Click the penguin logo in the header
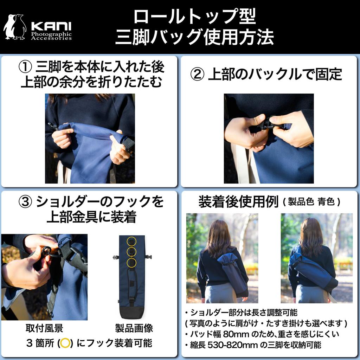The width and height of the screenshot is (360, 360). click(15, 27)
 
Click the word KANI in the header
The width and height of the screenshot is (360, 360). click(51, 26)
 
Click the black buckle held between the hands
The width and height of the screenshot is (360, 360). click(269, 124)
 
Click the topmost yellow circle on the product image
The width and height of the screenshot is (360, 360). click(131, 241)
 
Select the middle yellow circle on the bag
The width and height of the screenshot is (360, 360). click(131, 252)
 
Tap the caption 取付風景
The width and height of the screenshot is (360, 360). click(44, 328)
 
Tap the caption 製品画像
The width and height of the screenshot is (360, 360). click(134, 328)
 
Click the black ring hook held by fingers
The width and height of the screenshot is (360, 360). click(46, 251)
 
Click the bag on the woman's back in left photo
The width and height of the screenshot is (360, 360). click(232, 272)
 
